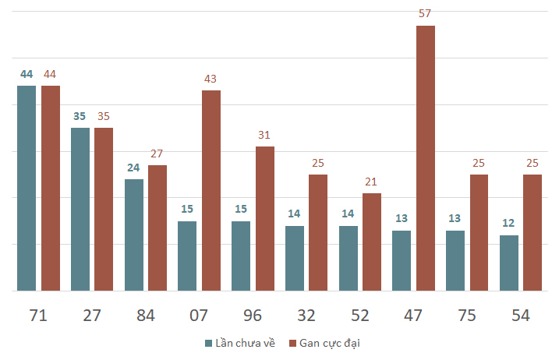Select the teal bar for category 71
(x=27, y=188)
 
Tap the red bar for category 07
(x=211, y=190)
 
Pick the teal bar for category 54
(x=509, y=263)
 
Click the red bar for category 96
(x=265, y=218)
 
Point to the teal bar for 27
(x=80, y=209)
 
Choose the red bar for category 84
(x=157, y=228)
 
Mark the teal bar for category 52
(x=348, y=258)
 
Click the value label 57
(x=426, y=14)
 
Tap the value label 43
(x=211, y=79)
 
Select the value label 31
(x=264, y=135)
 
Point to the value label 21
(x=371, y=182)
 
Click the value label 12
(x=509, y=224)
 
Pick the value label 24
(x=133, y=168)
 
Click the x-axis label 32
(x=306, y=315)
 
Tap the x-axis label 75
(x=467, y=315)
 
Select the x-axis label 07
(x=199, y=315)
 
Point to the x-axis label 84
(x=145, y=315)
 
